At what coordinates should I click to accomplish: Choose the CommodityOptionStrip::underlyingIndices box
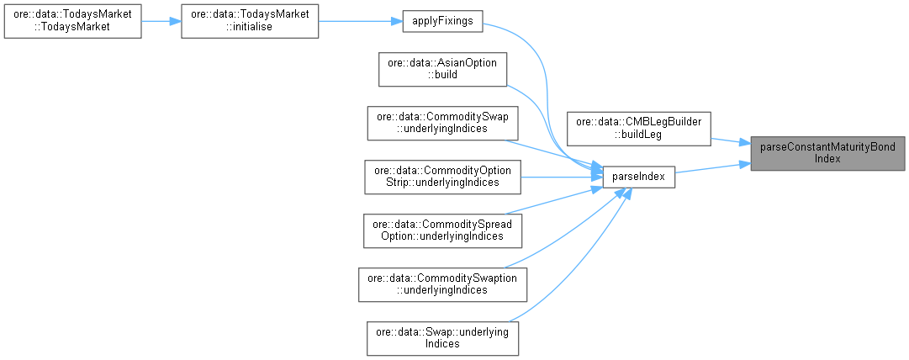click(442, 176)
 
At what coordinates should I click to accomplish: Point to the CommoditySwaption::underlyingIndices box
click(442, 283)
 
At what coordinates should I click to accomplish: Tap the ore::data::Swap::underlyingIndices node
click(442, 337)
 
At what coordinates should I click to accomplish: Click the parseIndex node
click(639, 176)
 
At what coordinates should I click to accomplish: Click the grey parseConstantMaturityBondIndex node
click(827, 152)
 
